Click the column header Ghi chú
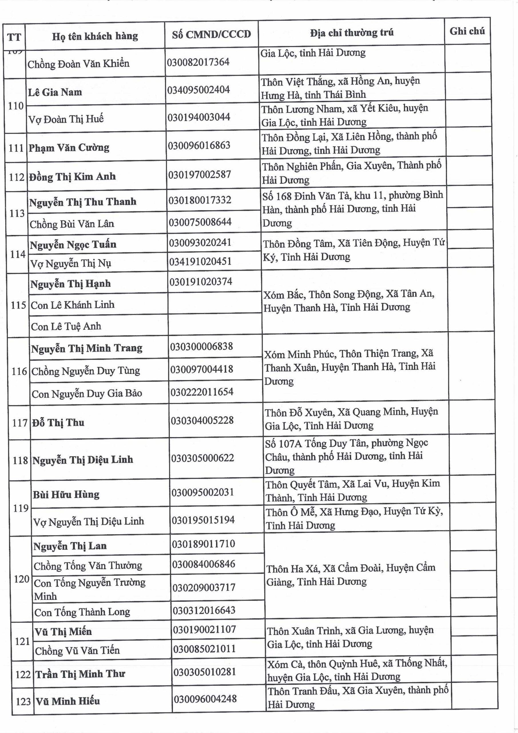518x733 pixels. pyautogui.click(x=467, y=31)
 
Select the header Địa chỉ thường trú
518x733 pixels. pyautogui.click(x=352, y=33)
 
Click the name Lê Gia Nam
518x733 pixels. pyautogui.click(x=55, y=92)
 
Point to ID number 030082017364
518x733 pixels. pyautogui.click(x=198, y=62)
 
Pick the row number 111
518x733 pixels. pyautogui.click(x=16, y=148)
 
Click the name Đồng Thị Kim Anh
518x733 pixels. pyautogui.click(x=72, y=177)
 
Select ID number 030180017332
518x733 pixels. pyautogui.click(x=200, y=200)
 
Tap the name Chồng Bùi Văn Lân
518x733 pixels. pyautogui.click(x=72, y=224)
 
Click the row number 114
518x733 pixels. pyautogui.click(x=17, y=255)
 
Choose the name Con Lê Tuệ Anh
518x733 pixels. pyautogui.click(x=66, y=326)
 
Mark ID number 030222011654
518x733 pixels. pyautogui.click(x=202, y=392)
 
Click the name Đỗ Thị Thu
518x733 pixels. pyautogui.click(x=58, y=423)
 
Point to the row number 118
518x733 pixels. pyautogui.click(x=20, y=460)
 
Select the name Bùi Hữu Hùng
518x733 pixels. pyautogui.click(x=66, y=494)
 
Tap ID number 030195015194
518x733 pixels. pyautogui.click(x=203, y=520)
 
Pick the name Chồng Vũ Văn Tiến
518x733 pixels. pyautogui.click(x=77, y=651)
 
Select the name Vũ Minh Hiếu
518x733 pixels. pyautogui.click(x=68, y=701)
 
